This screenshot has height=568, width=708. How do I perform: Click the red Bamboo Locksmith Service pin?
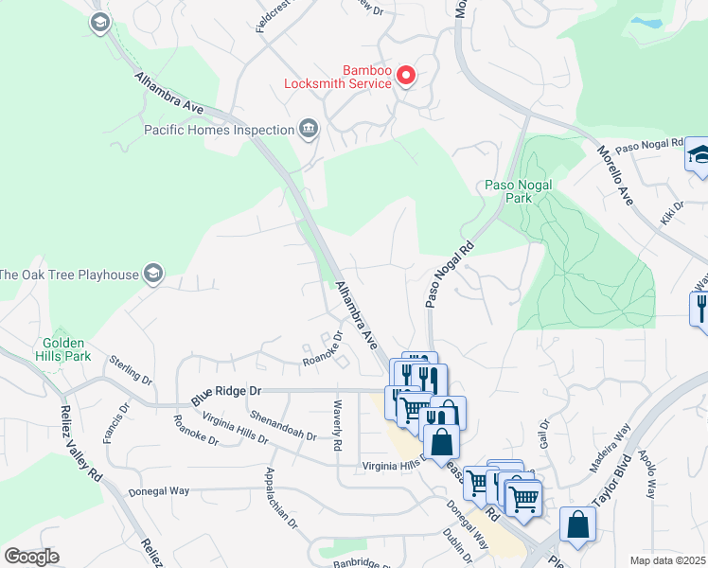406,75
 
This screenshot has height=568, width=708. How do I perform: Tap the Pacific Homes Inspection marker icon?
308,129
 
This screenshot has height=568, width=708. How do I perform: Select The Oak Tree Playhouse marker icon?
152,275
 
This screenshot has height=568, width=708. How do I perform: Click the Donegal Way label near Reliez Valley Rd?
157,491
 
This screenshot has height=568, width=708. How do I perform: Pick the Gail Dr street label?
543,436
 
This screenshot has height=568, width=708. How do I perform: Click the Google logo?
31,556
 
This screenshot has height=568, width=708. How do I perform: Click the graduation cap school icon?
698,154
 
